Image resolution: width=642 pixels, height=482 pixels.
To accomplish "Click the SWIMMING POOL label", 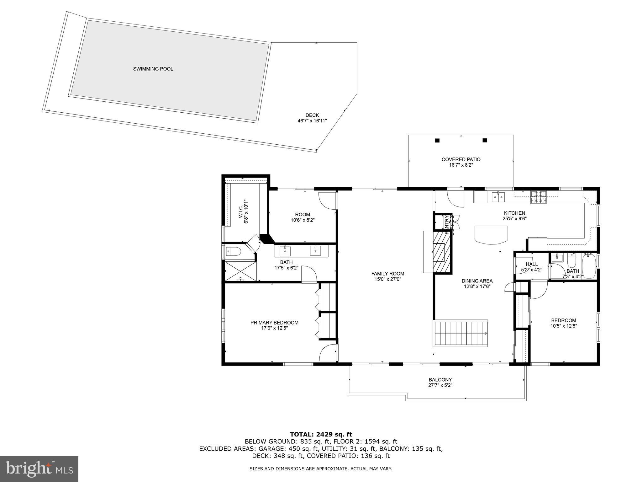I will [x=153, y=69].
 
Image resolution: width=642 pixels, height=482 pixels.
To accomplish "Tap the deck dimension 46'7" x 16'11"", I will [x=312, y=120].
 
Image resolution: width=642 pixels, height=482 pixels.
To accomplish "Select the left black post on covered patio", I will [x=437, y=140].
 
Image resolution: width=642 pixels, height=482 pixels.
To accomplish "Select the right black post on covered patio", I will [x=485, y=140].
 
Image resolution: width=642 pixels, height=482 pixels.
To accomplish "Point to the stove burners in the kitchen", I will [x=538, y=196].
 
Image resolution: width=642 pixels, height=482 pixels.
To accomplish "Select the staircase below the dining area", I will [x=461, y=333].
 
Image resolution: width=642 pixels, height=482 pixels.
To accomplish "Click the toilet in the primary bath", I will [x=233, y=251].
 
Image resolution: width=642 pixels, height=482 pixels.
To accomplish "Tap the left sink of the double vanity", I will [x=285, y=251].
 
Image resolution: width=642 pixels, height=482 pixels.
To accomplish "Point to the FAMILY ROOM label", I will [x=388, y=274].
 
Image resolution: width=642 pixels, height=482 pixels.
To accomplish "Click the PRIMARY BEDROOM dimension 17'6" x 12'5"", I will [x=274, y=328].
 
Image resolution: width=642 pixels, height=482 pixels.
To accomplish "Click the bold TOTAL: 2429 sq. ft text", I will [x=321, y=435].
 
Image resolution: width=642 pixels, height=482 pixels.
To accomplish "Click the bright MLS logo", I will [x=39, y=469].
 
